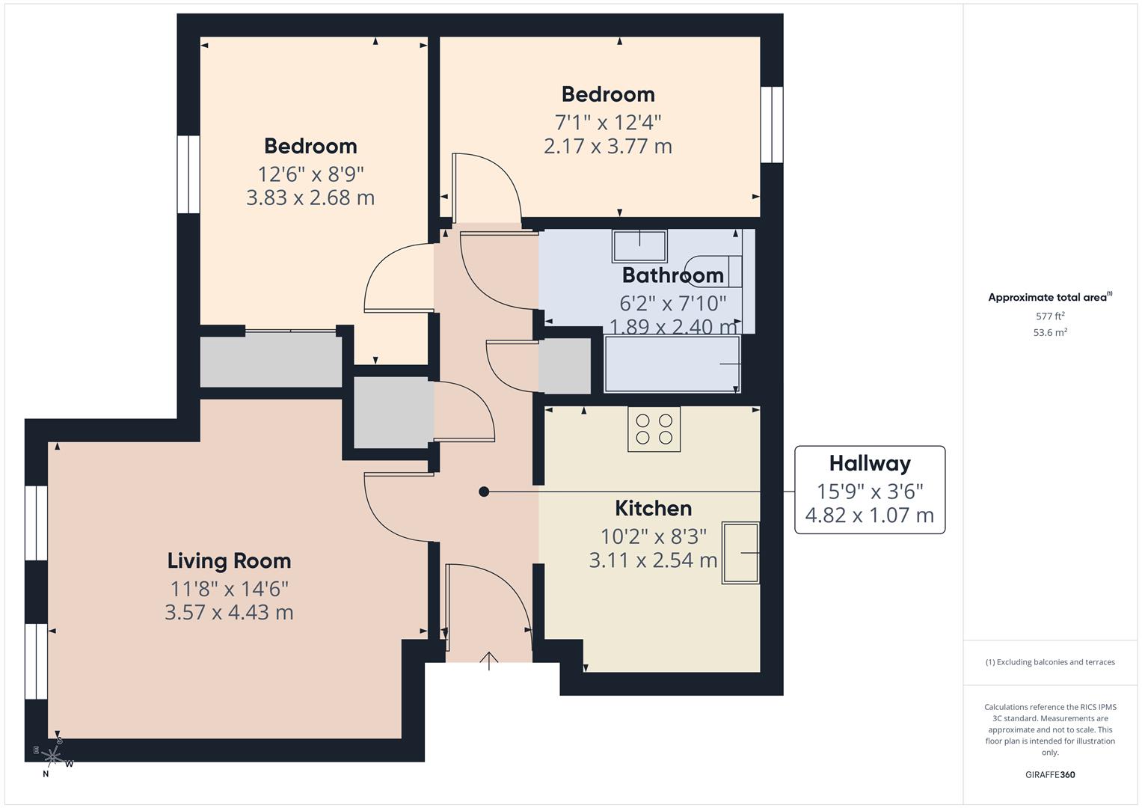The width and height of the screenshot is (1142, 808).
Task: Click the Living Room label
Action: point(229,560)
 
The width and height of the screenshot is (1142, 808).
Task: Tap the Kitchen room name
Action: point(653,509)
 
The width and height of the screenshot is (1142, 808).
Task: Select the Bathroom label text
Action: point(672,275)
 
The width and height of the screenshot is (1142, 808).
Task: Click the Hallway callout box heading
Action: point(869,464)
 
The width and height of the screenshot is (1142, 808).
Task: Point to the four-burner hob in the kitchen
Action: point(654,429)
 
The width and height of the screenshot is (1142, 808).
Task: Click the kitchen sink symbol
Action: point(740,553)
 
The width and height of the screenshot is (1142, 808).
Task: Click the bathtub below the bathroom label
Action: point(672,364)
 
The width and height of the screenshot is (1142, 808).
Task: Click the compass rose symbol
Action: point(53,756)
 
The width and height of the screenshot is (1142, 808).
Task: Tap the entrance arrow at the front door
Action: point(488,661)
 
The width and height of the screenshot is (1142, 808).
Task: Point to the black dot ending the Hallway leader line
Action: point(484,492)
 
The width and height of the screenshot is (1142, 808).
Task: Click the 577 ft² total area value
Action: point(1050,316)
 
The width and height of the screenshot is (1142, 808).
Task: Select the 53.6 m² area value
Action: point(1050,333)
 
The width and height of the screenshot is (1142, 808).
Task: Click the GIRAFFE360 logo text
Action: point(1050,774)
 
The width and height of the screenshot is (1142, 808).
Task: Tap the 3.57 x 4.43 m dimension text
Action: point(229,612)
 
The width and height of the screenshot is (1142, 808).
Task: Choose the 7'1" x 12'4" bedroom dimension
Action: point(607,122)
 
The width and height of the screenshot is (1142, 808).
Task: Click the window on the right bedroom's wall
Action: point(772,125)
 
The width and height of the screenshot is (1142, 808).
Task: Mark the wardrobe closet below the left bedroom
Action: point(271,361)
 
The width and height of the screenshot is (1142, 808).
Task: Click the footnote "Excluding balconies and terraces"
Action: point(1050,662)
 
